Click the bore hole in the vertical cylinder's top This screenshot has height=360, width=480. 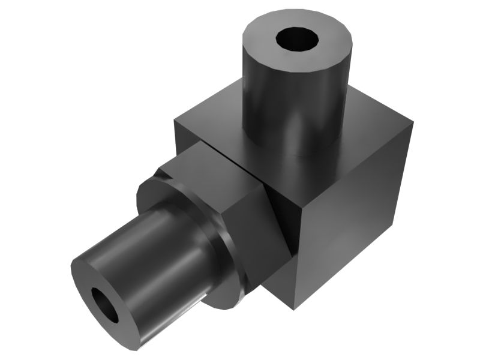[x=296, y=40]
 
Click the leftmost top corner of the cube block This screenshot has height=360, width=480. [x=175, y=122]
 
